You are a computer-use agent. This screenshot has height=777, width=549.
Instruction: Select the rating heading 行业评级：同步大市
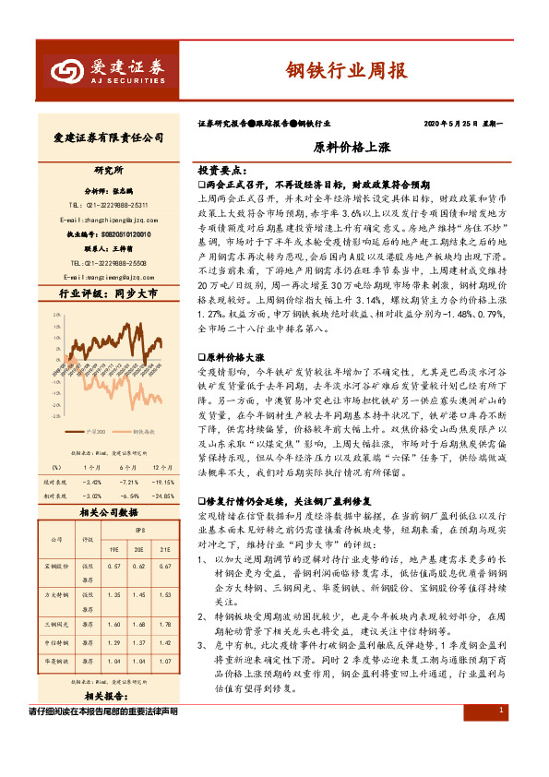click(102, 294)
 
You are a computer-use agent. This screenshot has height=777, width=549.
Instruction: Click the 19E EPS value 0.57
click(114, 565)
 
